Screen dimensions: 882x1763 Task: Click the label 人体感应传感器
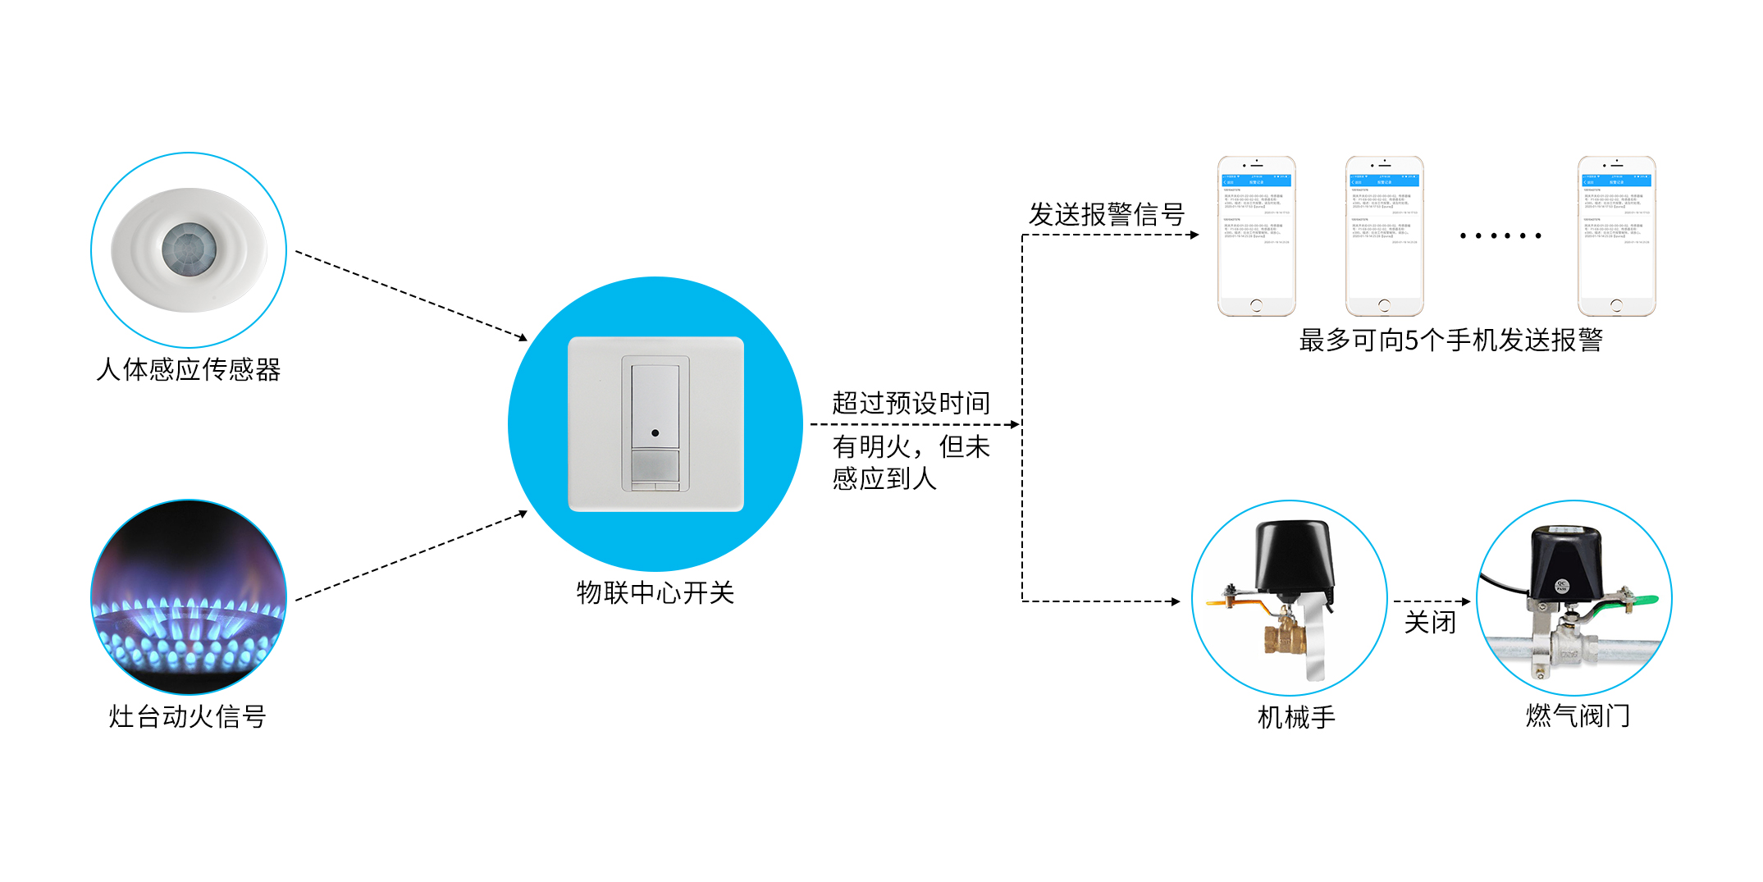(x=188, y=370)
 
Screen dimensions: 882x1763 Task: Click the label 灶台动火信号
(x=187, y=716)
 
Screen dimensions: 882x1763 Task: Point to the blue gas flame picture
(x=189, y=597)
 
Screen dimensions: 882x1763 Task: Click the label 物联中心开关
(x=655, y=592)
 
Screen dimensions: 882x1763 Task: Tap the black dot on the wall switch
(x=655, y=432)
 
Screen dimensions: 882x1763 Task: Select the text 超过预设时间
(x=911, y=403)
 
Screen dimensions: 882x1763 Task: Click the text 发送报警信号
(x=1106, y=214)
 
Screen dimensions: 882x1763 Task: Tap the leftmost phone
(x=1256, y=236)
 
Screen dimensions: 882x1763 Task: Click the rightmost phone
(x=1616, y=236)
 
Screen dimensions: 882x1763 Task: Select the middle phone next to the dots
(x=1384, y=236)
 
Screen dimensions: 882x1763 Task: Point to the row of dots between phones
(x=1500, y=236)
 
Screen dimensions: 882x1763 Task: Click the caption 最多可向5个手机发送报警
(x=1450, y=340)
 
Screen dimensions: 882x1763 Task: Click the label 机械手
(x=1296, y=717)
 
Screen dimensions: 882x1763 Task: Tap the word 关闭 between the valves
(x=1430, y=622)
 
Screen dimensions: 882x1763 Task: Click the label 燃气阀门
(x=1577, y=716)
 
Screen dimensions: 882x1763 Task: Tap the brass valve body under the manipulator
(x=1284, y=635)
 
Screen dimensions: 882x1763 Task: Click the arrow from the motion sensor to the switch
(x=410, y=295)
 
